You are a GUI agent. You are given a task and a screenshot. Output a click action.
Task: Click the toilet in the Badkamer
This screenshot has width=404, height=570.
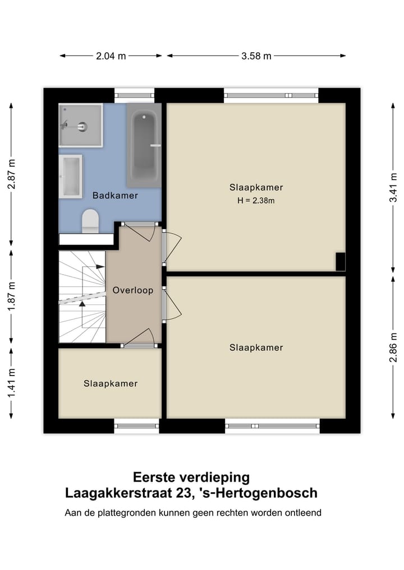click(90, 221)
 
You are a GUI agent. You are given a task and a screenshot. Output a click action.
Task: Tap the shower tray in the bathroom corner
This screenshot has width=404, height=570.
click(81, 126)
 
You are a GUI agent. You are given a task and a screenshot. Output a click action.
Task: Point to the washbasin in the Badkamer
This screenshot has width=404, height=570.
click(71, 176)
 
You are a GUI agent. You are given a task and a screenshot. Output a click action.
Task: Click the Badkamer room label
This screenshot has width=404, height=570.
click(115, 196)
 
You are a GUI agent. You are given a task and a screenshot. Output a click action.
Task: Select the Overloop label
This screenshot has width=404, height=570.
click(133, 290)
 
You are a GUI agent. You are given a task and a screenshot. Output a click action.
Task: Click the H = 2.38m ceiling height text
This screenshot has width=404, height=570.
click(256, 201)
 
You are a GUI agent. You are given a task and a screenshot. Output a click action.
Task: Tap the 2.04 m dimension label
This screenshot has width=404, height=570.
click(111, 56)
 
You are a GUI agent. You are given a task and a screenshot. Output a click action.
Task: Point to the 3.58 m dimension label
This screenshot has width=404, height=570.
click(256, 56)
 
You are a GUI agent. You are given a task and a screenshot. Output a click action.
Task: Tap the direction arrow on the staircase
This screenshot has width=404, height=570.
click(82, 303)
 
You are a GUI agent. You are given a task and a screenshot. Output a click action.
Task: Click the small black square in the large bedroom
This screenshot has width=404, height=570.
click(340, 261)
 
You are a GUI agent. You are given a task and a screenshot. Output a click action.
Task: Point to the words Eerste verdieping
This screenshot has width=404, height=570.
click(191, 478)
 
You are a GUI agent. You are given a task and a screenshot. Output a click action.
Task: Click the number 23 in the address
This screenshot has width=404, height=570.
click(184, 493)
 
